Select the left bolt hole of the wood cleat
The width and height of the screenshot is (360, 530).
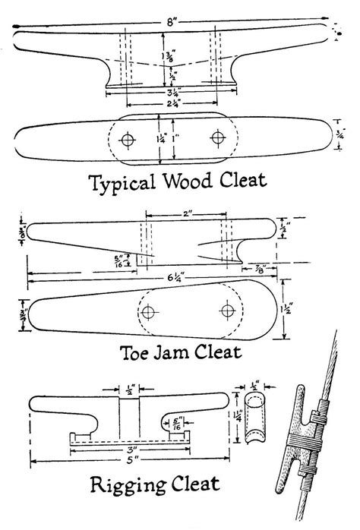click(128, 140)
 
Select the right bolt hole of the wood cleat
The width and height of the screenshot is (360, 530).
click(219, 137)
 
